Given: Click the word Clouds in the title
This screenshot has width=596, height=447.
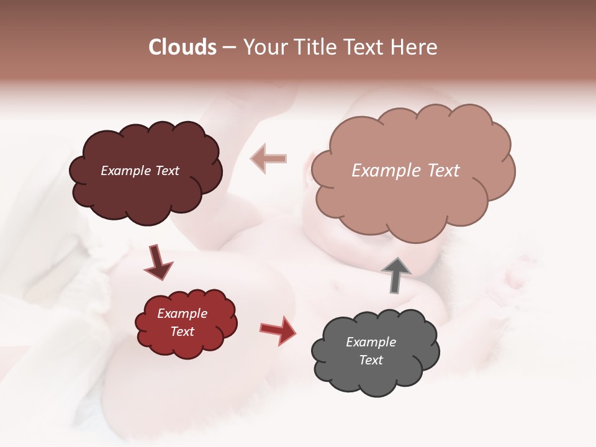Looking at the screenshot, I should pos(183,47).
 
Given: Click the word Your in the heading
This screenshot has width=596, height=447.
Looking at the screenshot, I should pos(264,47).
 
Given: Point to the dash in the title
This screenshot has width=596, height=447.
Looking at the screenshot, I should pos(229,48).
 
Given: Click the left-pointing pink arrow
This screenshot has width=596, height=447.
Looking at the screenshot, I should pos(269,158).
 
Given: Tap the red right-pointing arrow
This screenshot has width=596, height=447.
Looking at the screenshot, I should pos(278,330).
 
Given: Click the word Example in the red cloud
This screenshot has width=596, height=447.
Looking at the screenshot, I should pos(183,314).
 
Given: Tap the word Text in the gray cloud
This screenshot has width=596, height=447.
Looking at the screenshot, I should pos(371,360).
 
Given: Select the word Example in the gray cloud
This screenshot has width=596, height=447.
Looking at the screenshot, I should pos(371,342).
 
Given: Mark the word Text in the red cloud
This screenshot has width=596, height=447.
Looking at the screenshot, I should pos(183,332).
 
